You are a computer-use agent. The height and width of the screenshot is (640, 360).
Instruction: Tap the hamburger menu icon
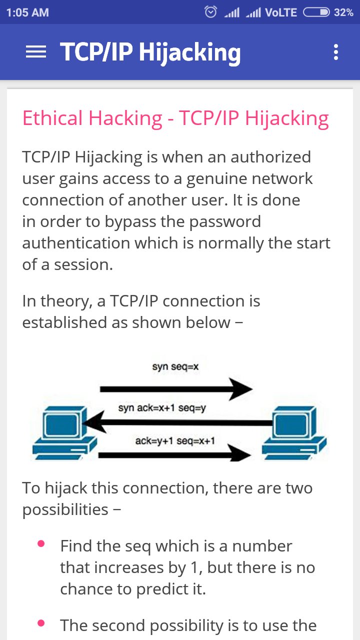click(36, 52)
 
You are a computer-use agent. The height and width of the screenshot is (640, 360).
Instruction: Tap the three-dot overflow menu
click(335, 52)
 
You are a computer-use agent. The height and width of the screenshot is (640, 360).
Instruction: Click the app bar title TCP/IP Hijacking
click(150, 52)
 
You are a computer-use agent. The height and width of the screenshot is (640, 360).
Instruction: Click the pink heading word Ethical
click(52, 118)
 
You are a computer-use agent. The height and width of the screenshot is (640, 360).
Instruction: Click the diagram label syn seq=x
click(175, 367)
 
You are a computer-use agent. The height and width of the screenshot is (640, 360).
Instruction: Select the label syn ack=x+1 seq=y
click(162, 408)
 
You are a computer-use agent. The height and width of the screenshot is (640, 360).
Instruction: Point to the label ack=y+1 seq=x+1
click(175, 440)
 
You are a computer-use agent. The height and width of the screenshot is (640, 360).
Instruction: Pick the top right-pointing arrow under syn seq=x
click(175, 389)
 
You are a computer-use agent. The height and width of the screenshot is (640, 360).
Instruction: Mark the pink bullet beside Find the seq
click(41, 543)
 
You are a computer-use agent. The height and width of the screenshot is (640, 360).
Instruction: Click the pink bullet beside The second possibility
click(41, 623)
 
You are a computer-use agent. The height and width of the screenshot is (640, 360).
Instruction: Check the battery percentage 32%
click(344, 12)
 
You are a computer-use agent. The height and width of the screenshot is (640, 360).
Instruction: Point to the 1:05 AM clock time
click(27, 12)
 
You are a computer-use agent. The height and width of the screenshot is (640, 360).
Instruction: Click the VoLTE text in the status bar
click(281, 12)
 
